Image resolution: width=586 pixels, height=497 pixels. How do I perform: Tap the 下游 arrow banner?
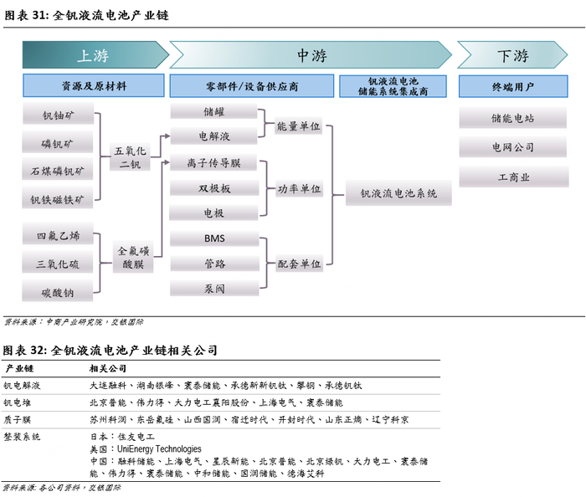pyautogui.click(x=512, y=55)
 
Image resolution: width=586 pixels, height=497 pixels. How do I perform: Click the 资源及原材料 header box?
pyautogui.click(x=93, y=86)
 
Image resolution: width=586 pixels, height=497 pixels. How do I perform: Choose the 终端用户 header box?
pyautogui.click(x=512, y=86)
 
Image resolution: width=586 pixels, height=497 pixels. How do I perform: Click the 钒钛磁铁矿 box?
pyautogui.click(x=58, y=199)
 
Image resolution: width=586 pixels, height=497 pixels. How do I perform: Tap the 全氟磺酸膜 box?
pyautogui.click(x=132, y=257)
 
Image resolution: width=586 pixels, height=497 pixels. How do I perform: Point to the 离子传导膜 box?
pyautogui.click(x=214, y=163)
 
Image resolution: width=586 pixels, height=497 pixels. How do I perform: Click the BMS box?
pyautogui.click(x=214, y=238)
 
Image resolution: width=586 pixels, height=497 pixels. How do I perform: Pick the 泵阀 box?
pyautogui.click(x=214, y=289)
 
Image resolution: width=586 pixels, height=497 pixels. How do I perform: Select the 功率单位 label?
pyautogui.click(x=299, y=189)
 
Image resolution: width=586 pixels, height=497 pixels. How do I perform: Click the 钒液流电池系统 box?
pyautogui.click(x=398, y=193)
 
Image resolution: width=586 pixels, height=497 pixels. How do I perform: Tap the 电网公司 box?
pyautogui.click(x=512, y=147)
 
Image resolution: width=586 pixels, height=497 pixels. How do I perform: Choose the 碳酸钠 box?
pyautogui.click(x=58, y=292)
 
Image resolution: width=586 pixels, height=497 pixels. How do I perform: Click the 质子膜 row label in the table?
pyautogui.click(x=18, y=419)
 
